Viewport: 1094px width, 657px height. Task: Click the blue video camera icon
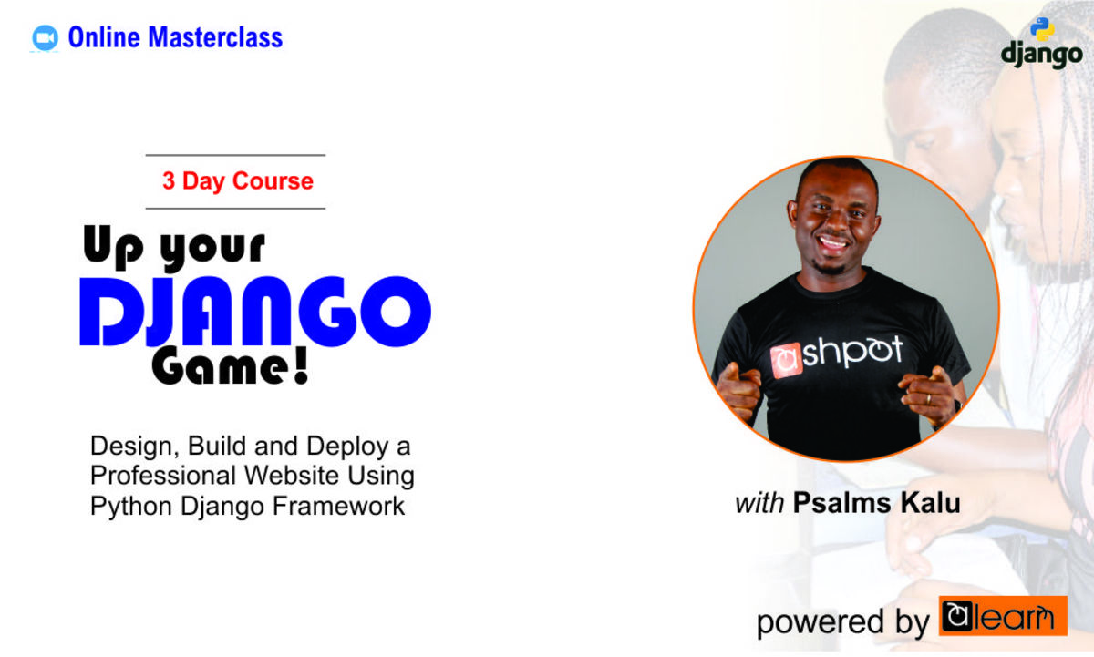[45, 37]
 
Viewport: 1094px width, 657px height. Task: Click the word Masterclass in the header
[215, 37]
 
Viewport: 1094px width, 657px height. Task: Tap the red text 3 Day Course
[238, 181]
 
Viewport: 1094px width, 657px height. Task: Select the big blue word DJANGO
[255, 312]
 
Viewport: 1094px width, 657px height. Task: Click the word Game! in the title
[231, 367]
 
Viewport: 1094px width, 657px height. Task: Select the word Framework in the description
[338, 506]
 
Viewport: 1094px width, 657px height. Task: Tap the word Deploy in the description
[347, 447]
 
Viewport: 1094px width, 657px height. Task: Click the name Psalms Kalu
[877, 503]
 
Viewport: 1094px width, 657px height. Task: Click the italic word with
[759, 504]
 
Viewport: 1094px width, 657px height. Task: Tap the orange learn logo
[1003, 616]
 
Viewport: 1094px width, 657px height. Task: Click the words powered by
[843, 622]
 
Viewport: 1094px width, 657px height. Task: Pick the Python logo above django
[1042, 29]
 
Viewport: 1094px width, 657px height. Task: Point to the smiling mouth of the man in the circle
[832, 242]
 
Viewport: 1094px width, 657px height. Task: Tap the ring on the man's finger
[928, 399]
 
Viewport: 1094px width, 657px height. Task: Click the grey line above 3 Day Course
[235, 155]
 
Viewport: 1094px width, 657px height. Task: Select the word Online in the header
[104, 37]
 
